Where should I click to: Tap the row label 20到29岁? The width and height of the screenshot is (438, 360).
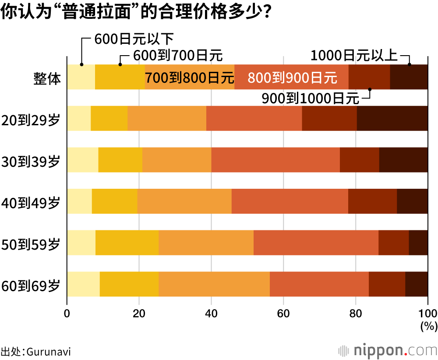(31, 119)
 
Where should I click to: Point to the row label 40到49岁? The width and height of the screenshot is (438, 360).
(31, 202)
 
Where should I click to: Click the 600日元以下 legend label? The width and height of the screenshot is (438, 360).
(134, 39)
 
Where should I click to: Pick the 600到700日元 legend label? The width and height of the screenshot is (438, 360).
(177, 56)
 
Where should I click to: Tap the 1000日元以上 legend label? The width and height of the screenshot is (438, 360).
(354, 56)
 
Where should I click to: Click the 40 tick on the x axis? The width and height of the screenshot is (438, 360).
(211, 313)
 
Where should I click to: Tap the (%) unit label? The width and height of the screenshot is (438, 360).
(428, 326)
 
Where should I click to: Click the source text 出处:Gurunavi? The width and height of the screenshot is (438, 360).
(36, 352)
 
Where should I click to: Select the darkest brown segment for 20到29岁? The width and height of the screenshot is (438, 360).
(392, 118)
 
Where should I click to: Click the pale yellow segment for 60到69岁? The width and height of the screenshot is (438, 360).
(83, 284)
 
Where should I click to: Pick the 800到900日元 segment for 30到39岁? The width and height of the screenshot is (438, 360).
(275, 160)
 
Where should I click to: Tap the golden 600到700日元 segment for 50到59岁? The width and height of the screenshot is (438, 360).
(127, 243)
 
